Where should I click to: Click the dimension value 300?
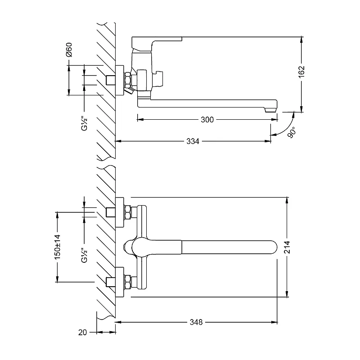pyautogui.click(x=207, y=120)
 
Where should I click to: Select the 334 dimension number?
pyautogui.click(x=193, y=141)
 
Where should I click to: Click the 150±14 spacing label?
pyautogui.click(x=57, y=246)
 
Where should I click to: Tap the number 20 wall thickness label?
pyautogui.click(x=82, y=333)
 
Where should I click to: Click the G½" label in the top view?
pyautogui.click(x=84, y=122)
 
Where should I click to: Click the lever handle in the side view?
pyautogui.click(x=155, y=42)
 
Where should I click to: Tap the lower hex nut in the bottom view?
pyautogui.click(x=128, y=282)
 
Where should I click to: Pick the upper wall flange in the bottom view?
pyautogui.click(x=120, y=211)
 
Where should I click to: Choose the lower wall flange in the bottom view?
pyautogui.click(x=120, y=282)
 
